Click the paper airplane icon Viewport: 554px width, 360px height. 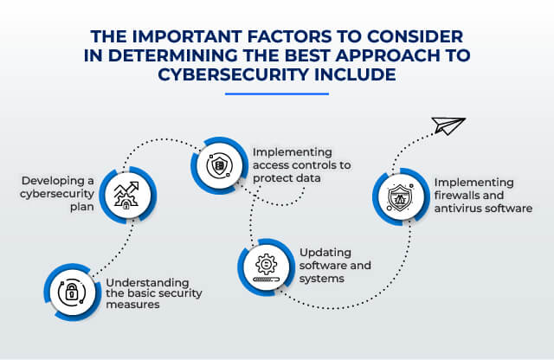pyautogui.click(x=448, y=125)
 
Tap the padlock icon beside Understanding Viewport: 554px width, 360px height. pyautogui.click(x=72, y=292)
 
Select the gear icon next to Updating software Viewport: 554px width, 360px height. pyautogui.click(x=266, y=267)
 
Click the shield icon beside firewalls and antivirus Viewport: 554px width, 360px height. pyautogui.click(x=400, y=197)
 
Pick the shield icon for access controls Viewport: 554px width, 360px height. pyautogui.click(x=219, y=165)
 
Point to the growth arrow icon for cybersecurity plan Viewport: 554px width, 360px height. pyautogui.click(x=126, y=196)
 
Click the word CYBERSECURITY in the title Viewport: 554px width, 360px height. pyautogui.click(x=233, y=74)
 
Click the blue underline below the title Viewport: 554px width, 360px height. pyautogui.click(x=277, y=94)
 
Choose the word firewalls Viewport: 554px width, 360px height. pyautogui.click(x=456, y=195)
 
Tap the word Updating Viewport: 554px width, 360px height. pyautogui.click(x=325, y=253)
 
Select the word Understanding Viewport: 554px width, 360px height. pyautogui.click(x=147, y=283)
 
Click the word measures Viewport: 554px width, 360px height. pyautogui.click(x=132, y=305)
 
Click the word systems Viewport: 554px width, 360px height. pyautogui.click(x=321, y=279)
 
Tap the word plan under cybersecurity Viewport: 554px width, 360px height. pyautogui.click(x=82, y=207)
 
